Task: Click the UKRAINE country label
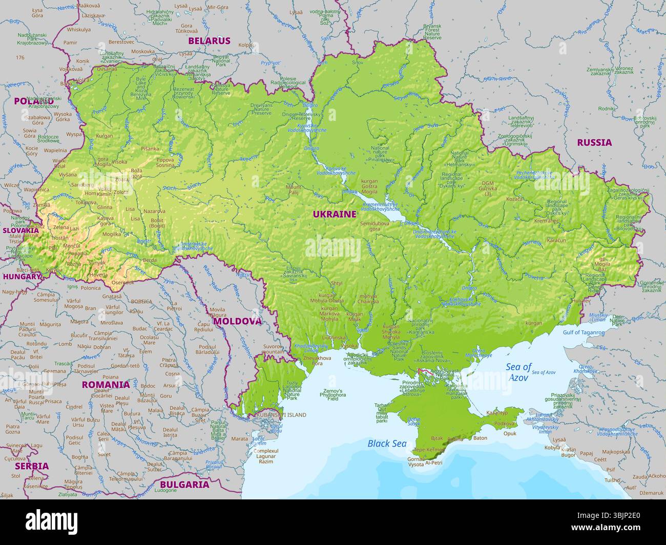pyautogui.click(x=335, y=214)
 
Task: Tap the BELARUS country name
pyautogui.click(x=209, y=40)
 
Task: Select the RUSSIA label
pyautogui.click(x=594, y=142)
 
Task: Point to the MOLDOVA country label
pyautogui.click(x=237, y=321)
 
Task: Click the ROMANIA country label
pyautogui.click(x=106, y=384)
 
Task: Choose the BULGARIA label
pyautogui.click(x=184, y=484)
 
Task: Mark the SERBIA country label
pyautogui.click(x=32, y=466)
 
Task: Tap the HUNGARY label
pyautogui.click(x=21, y=276)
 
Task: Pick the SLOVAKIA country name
pyautogui.click(x=20, y=230)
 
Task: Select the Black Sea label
pyautogui.click(x=387, y=444)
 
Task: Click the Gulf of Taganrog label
pyautogui.click(x=584, y=332)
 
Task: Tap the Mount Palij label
pyautogui.click(x=294, y=190)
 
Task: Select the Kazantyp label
pyautogui.click(x=496, y=412)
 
